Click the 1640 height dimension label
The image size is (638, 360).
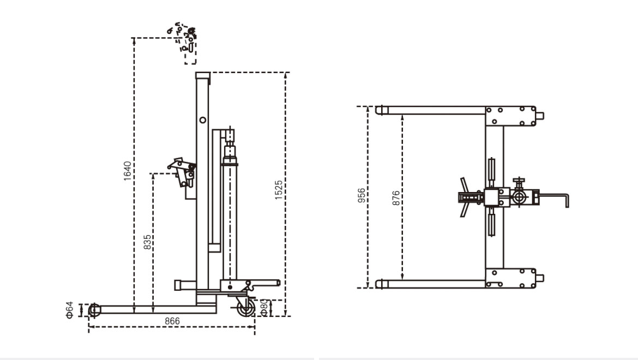coord(127,171)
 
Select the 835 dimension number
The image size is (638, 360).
coord(147,242)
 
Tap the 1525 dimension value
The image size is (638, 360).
coord(279,190)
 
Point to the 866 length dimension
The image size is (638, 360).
coord(172,321)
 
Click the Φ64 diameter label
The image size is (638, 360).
coord(70,310)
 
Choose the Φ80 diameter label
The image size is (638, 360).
coord(263,307)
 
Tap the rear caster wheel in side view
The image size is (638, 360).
coord(245,308)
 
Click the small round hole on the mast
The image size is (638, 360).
coord(203,119)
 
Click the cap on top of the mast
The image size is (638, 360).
coord(203,75)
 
